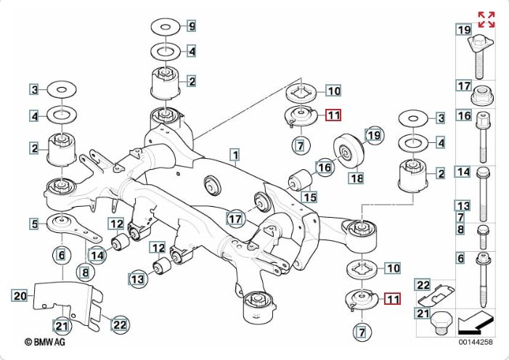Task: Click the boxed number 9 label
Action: pyautogui.click(x=192, y=28)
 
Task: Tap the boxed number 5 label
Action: pyautogui.click(x=34, y=224)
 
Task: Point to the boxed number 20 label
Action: pyautogui.click(x=20, y=295)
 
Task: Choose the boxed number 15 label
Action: pyautogui.click(x=310, y=197)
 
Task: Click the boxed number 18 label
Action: pyautogui.click(x=356, y=178)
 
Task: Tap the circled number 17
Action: pyautogui.click(x=235, y=218)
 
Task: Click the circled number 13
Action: pyautogui.click(x=137, y=277)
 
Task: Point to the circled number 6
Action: pyautogui.click(x=62, y=255)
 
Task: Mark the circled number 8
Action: pyautogui.click(x=86, y=273)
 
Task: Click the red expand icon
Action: pyautogui.click(x=486, y=20)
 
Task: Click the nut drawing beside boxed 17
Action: pyautogui.click(x=482, y=96)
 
